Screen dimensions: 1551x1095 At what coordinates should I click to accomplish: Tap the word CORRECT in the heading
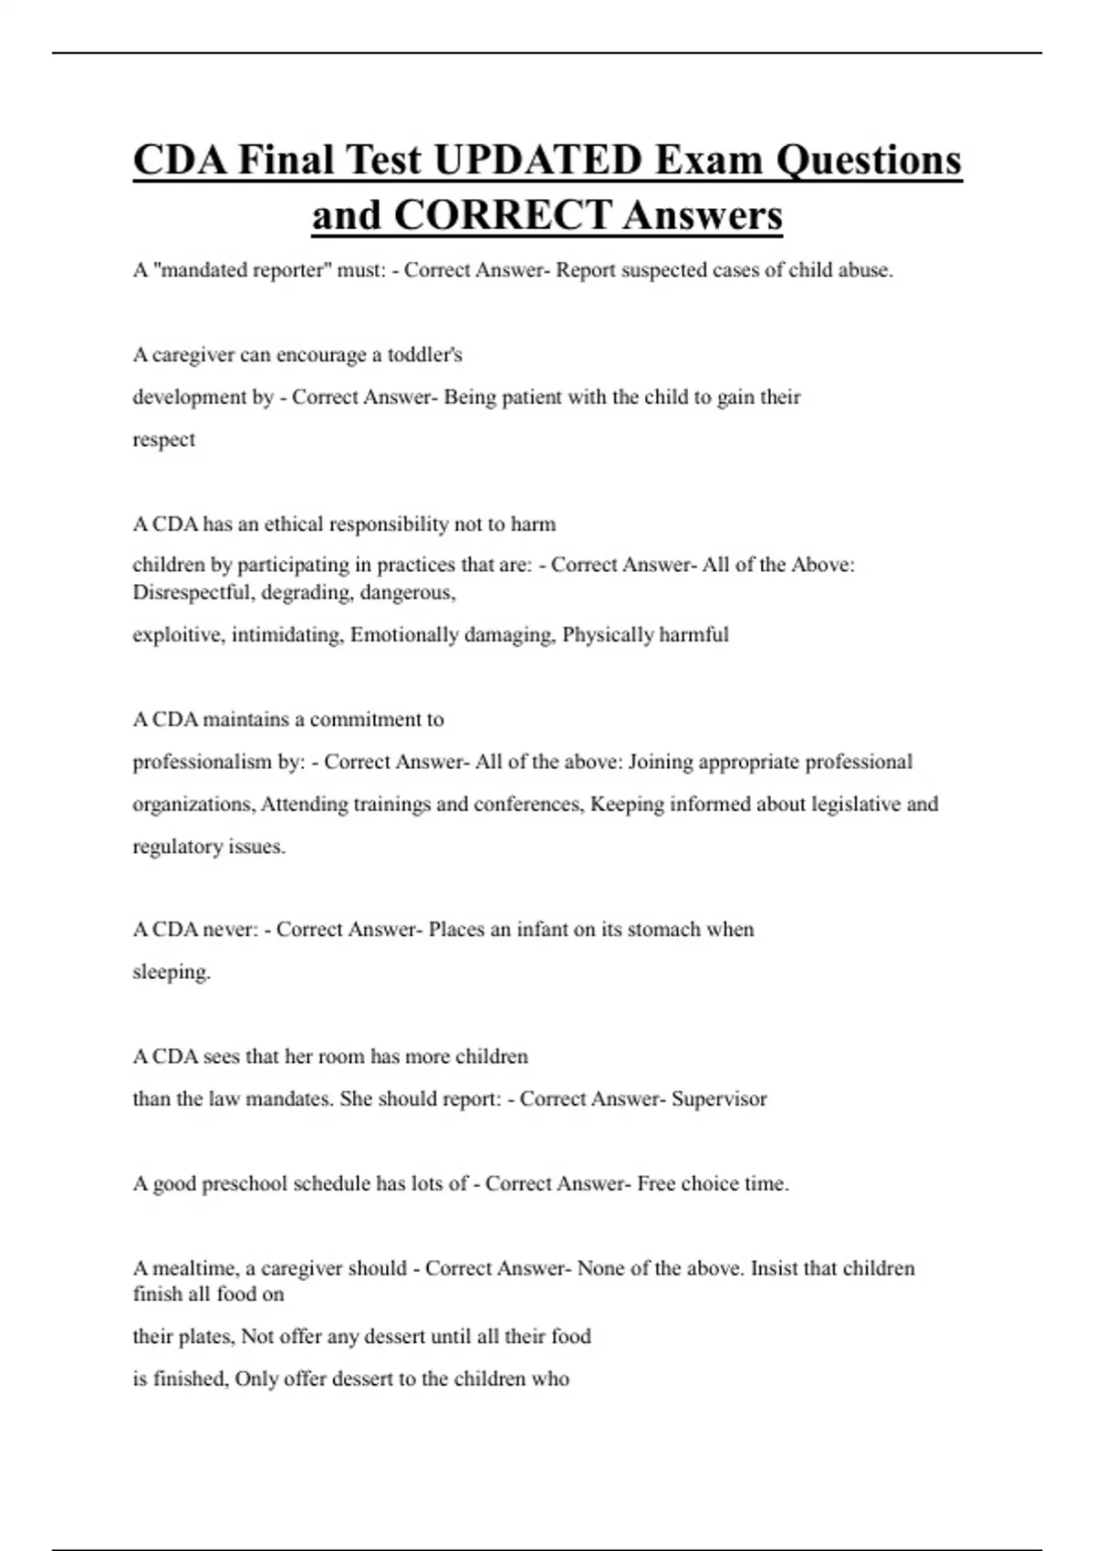point(503,216)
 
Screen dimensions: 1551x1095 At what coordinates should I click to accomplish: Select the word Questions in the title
point(869,161)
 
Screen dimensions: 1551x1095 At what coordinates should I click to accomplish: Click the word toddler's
point(425,355)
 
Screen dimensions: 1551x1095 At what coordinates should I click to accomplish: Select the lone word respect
point(164,440)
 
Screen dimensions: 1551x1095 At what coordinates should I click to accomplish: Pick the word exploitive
point(178,635)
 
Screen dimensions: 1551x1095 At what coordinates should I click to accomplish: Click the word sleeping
point(172,973)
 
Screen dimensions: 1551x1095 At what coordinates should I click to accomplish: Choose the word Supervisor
point(719,1099)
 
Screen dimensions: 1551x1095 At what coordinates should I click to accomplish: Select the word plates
point(207,1338)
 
